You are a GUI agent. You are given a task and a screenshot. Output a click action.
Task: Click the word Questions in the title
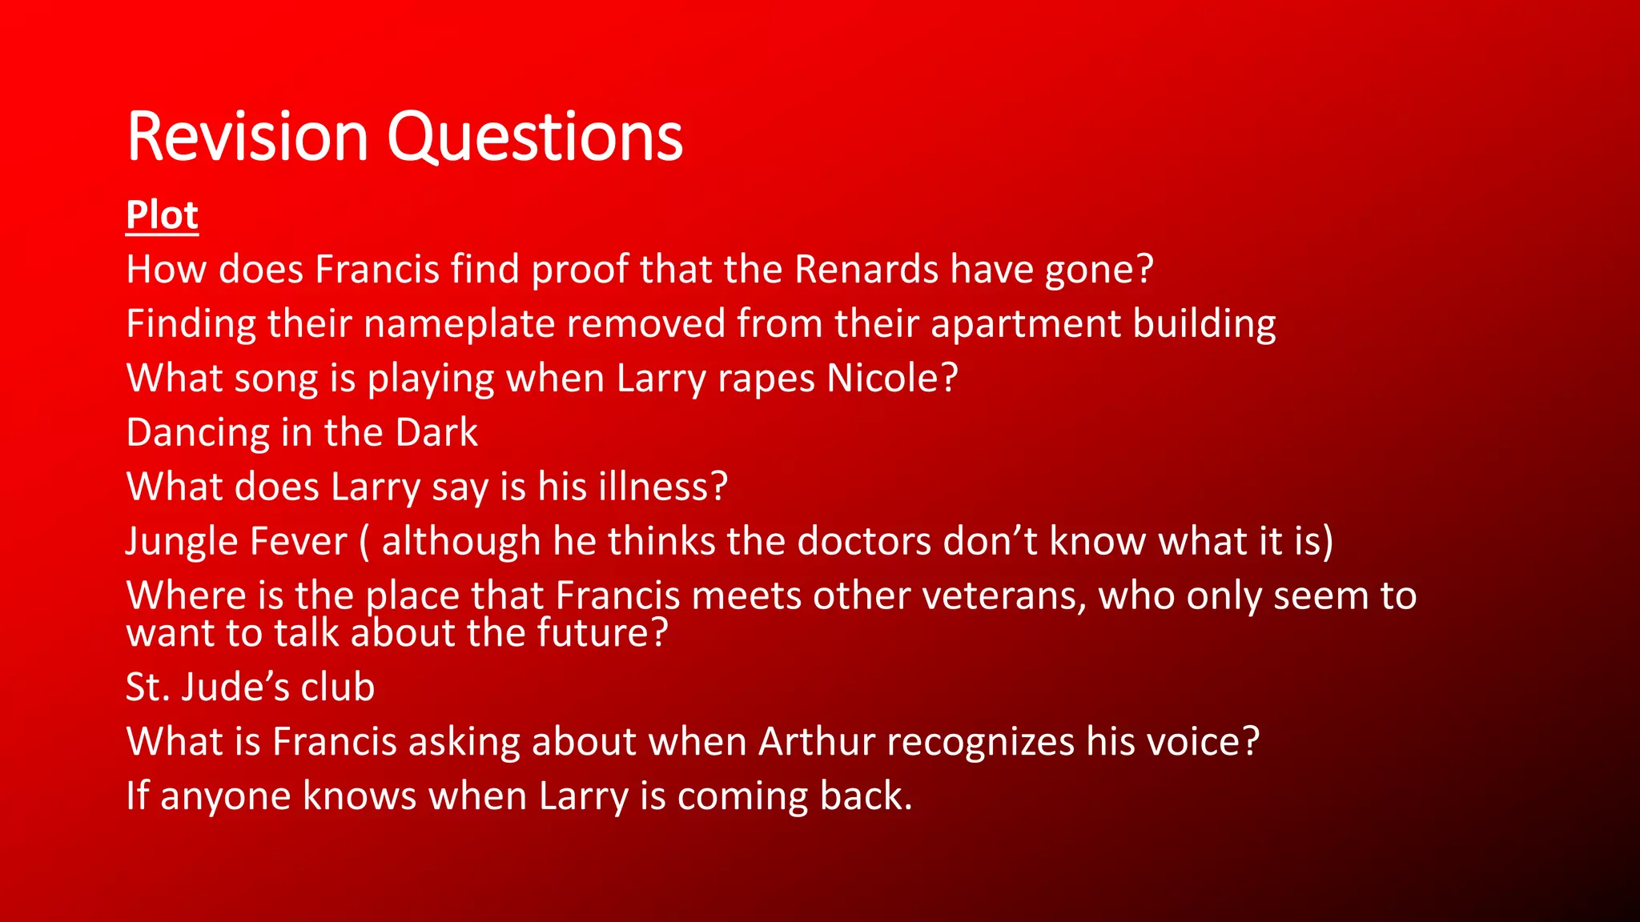click(535, 138)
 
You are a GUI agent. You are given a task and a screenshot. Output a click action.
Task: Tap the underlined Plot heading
click(162, 215)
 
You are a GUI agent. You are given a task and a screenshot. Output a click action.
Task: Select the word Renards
click(866, 270)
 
